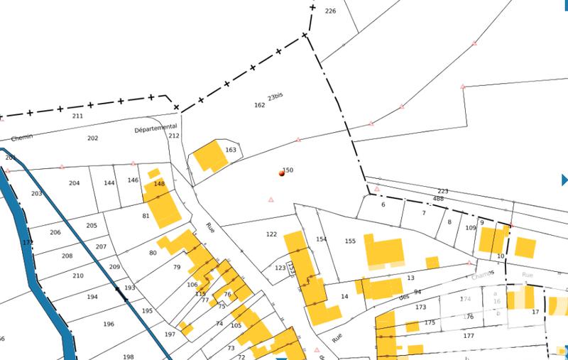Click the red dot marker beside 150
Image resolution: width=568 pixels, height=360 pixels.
[x=282, y=173]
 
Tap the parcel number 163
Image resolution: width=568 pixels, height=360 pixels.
[x=230, y=150]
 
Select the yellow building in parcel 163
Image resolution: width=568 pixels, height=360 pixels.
[x=209, y=156]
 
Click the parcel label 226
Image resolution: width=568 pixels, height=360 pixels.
[x=329, y=11]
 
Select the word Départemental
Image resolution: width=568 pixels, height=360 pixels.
[x=155, y=129]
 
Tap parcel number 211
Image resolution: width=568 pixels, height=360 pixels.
[x=78, y=116]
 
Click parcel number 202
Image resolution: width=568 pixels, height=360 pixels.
[x=92, y=138]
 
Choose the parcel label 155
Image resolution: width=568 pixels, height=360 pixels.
[x=350, y=241]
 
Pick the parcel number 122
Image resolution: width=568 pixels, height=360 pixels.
[x=271, y=234]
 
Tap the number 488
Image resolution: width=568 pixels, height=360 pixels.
[x=438, y=199]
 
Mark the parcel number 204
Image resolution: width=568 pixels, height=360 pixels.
[x=75, y=183]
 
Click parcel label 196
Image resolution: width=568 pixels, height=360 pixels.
[x=109, y=324]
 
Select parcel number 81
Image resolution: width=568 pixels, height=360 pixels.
[x=146, y=216]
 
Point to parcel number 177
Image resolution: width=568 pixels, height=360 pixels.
[x=468, y=337]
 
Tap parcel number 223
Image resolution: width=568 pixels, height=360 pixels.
[x=443, y=192]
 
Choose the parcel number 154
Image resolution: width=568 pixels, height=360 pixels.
[x=322, y=239]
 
